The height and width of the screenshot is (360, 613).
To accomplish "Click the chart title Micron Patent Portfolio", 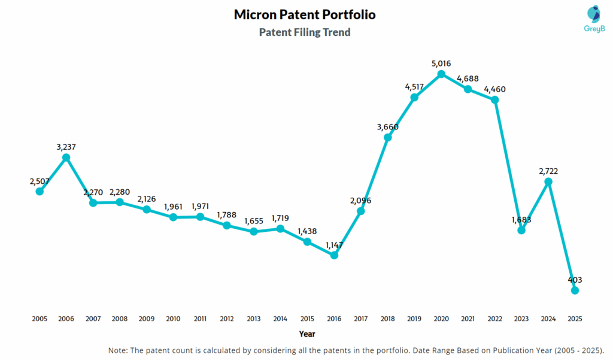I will (305, 14).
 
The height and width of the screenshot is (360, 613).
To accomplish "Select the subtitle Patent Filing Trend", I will (305, 32).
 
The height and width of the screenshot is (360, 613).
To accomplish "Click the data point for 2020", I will (441, 74).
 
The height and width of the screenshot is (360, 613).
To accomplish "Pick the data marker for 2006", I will (66, 158).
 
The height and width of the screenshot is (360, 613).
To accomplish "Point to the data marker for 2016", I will (334, 255).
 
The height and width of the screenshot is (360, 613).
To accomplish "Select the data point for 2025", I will (575, 291).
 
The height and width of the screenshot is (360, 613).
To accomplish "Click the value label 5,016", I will (441, 63).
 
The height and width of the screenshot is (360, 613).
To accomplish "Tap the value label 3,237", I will (66, 146).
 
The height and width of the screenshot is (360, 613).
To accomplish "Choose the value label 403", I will (575, 280).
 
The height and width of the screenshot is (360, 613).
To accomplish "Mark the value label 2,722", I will (548, 171).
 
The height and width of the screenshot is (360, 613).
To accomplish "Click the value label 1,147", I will (334, 244).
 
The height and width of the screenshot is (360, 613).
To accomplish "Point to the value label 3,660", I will (387, 126).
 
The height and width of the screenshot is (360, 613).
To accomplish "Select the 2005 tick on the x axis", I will (40, 319).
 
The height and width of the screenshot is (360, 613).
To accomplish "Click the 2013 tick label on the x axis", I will (254, 319).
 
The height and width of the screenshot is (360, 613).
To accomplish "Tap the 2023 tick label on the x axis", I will (521, 319).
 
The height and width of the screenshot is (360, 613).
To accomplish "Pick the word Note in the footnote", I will (119, 350).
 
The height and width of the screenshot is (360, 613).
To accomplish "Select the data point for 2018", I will (387, 138).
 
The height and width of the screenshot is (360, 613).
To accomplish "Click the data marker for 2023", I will (521, 230).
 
